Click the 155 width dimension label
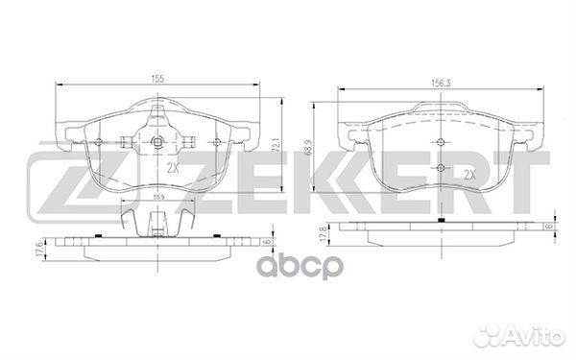pos(157,79)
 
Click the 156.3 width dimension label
pos(441,84)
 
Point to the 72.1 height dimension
pos(278,145)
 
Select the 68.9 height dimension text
pos(308,148)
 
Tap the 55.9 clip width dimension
pos(158,197)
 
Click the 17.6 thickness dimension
pos(39,250)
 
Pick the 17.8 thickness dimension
pos(323,234)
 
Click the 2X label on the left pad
pos(173,168)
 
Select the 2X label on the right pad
pos(469,174)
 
